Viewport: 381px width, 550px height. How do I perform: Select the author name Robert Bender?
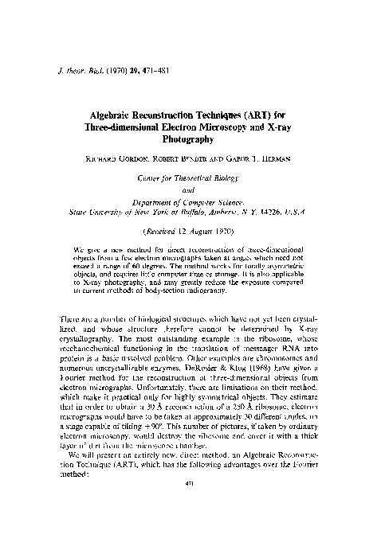181,159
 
